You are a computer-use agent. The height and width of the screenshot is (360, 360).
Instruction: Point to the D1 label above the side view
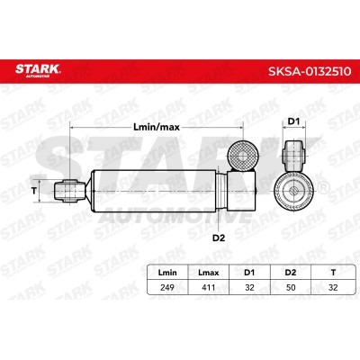[292, 121]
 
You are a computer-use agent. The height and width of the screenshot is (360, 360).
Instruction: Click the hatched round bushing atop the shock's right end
[245, 156]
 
